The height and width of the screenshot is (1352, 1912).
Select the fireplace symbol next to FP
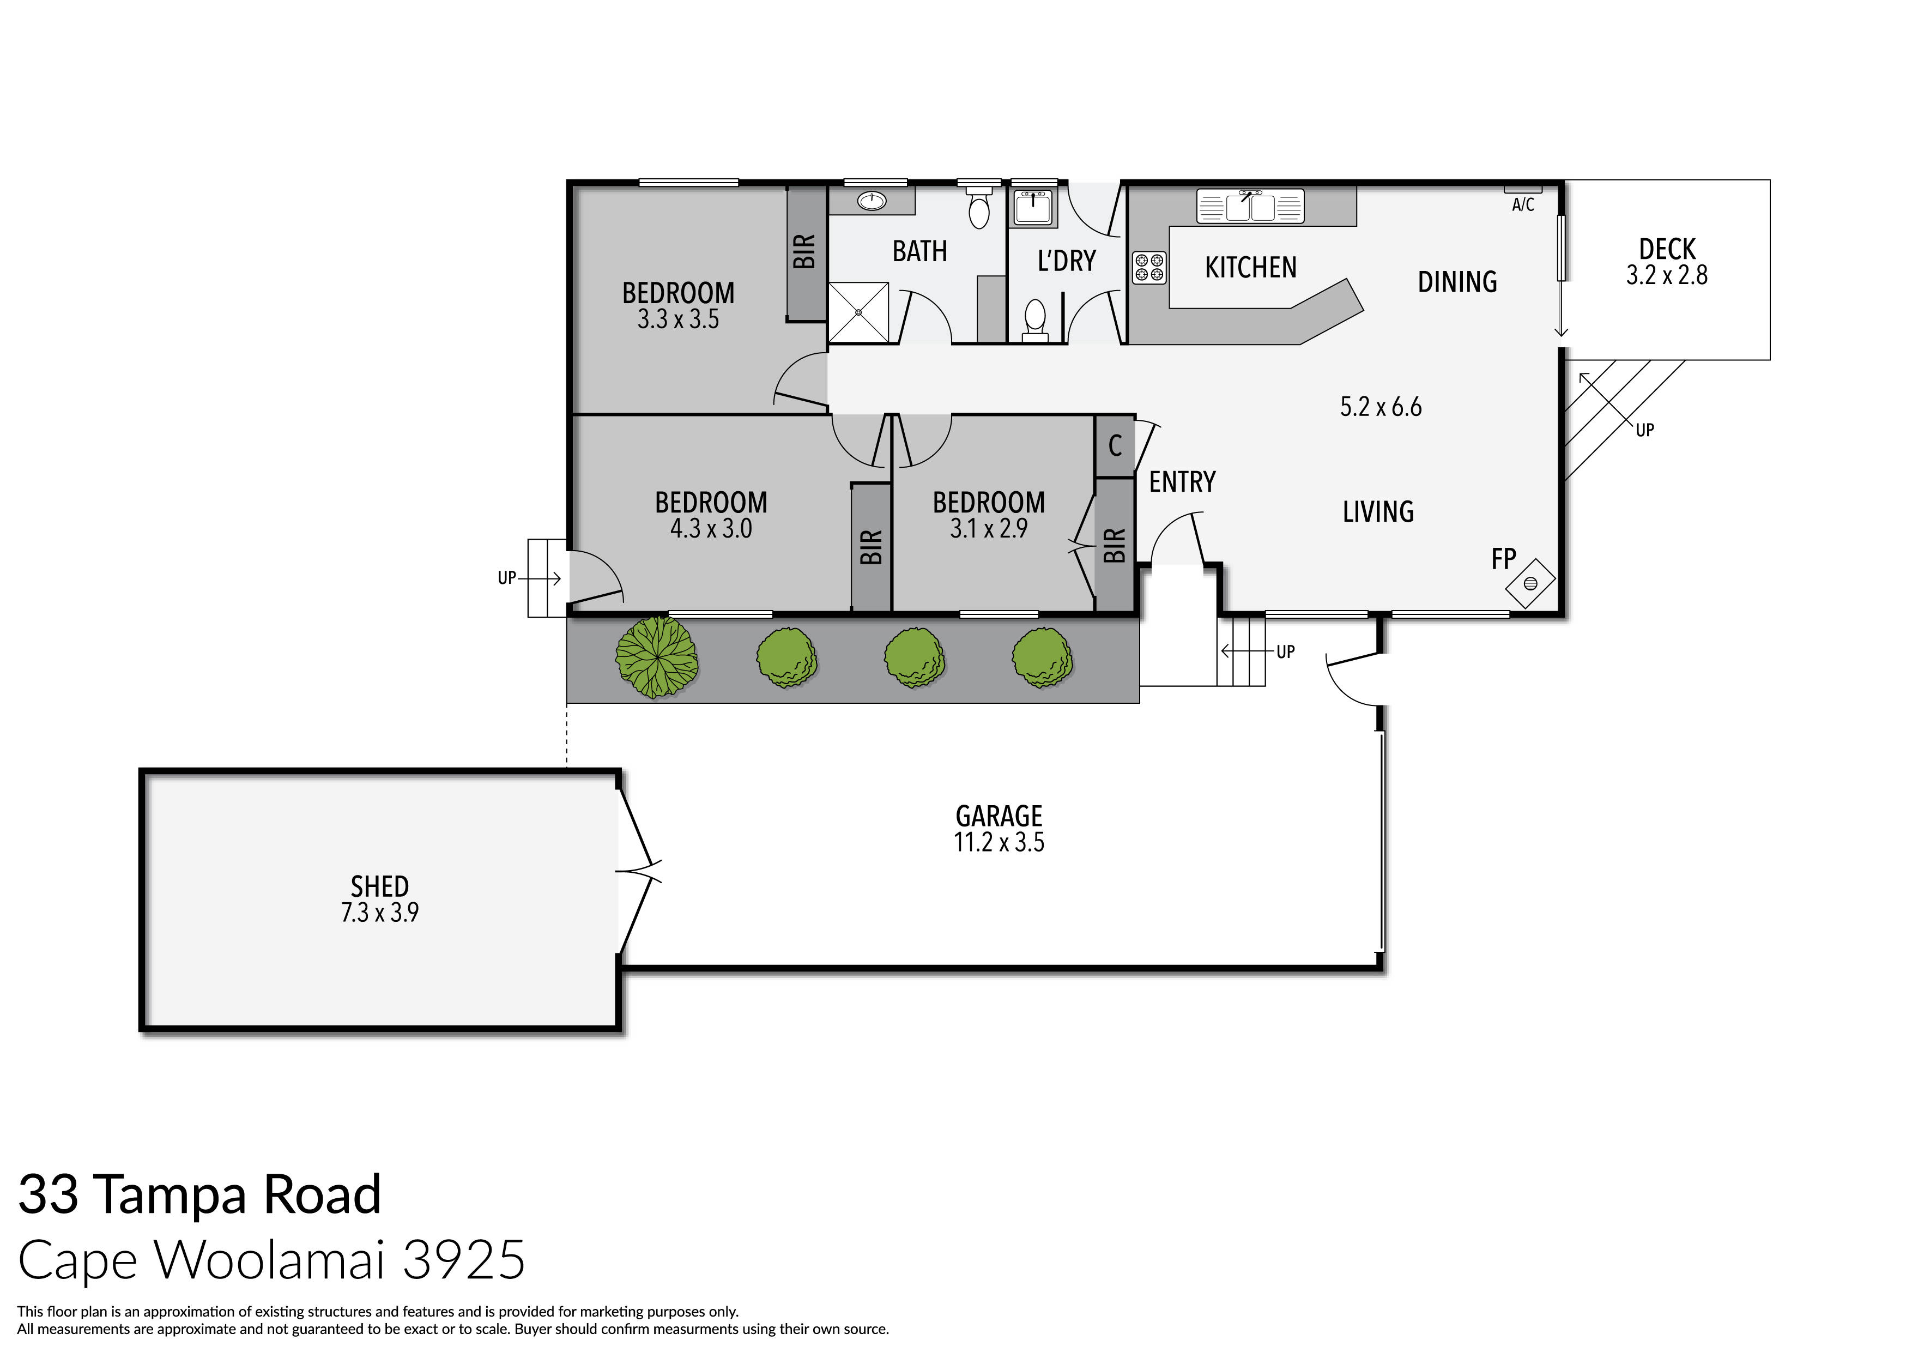pos(1530,583)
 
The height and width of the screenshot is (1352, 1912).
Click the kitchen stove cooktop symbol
pos(1149,267)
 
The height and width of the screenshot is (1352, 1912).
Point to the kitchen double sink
pos(1250,206)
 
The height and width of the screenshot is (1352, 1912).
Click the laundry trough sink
pos(1033,206)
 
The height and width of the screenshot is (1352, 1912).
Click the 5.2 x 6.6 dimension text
pos(1380,407)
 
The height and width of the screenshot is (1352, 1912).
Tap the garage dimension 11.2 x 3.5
pos(999,842)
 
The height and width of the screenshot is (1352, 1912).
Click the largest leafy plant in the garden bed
pos(657,657)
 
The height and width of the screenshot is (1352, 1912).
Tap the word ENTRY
pos(1182,481)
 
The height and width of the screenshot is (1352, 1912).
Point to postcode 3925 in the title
pos(464,1259)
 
